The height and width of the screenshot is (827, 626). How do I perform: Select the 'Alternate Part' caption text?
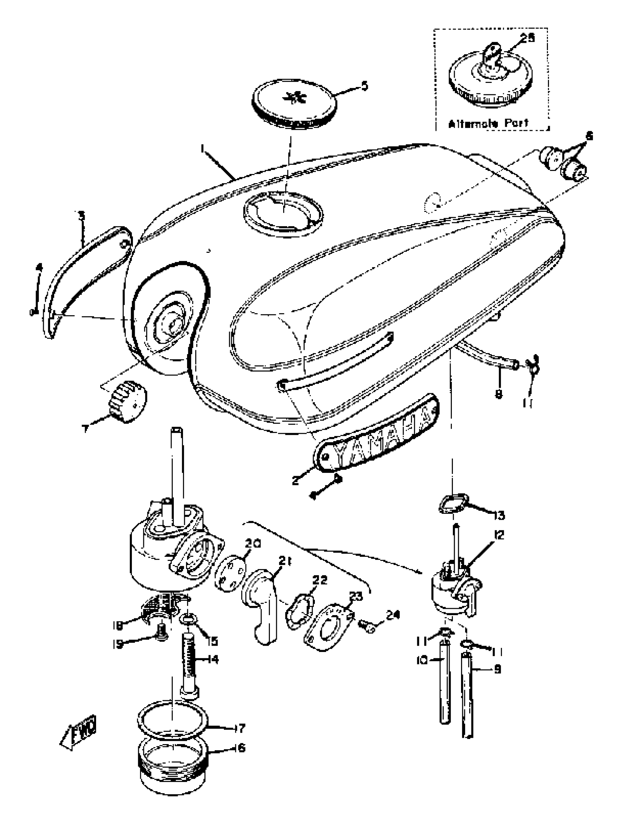coord(488,123)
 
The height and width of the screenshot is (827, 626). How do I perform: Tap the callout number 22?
coord(320,580)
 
